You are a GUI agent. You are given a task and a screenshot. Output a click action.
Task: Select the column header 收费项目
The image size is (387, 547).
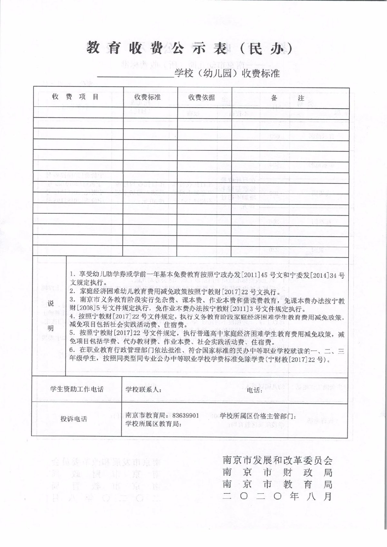(x=75, y=97)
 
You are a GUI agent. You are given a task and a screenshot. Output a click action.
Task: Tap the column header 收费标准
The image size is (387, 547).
(x=147, y=97)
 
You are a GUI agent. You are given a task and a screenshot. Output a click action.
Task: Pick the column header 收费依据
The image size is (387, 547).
(x=202, y=97)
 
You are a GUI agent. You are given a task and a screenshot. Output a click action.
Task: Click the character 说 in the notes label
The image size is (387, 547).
(x=51, y=303)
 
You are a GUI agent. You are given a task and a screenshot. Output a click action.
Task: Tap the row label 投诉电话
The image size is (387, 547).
(x=74, y=419)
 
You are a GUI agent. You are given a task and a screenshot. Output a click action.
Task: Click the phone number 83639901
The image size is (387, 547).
(x=186, y=415)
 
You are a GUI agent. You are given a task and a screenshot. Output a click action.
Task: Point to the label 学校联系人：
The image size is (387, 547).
(x=144, y=390)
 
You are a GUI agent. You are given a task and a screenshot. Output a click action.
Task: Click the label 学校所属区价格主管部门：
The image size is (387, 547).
(x=258, y=415)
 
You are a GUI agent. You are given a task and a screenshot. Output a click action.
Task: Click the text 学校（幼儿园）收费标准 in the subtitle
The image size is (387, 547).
(x=227, y=73)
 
